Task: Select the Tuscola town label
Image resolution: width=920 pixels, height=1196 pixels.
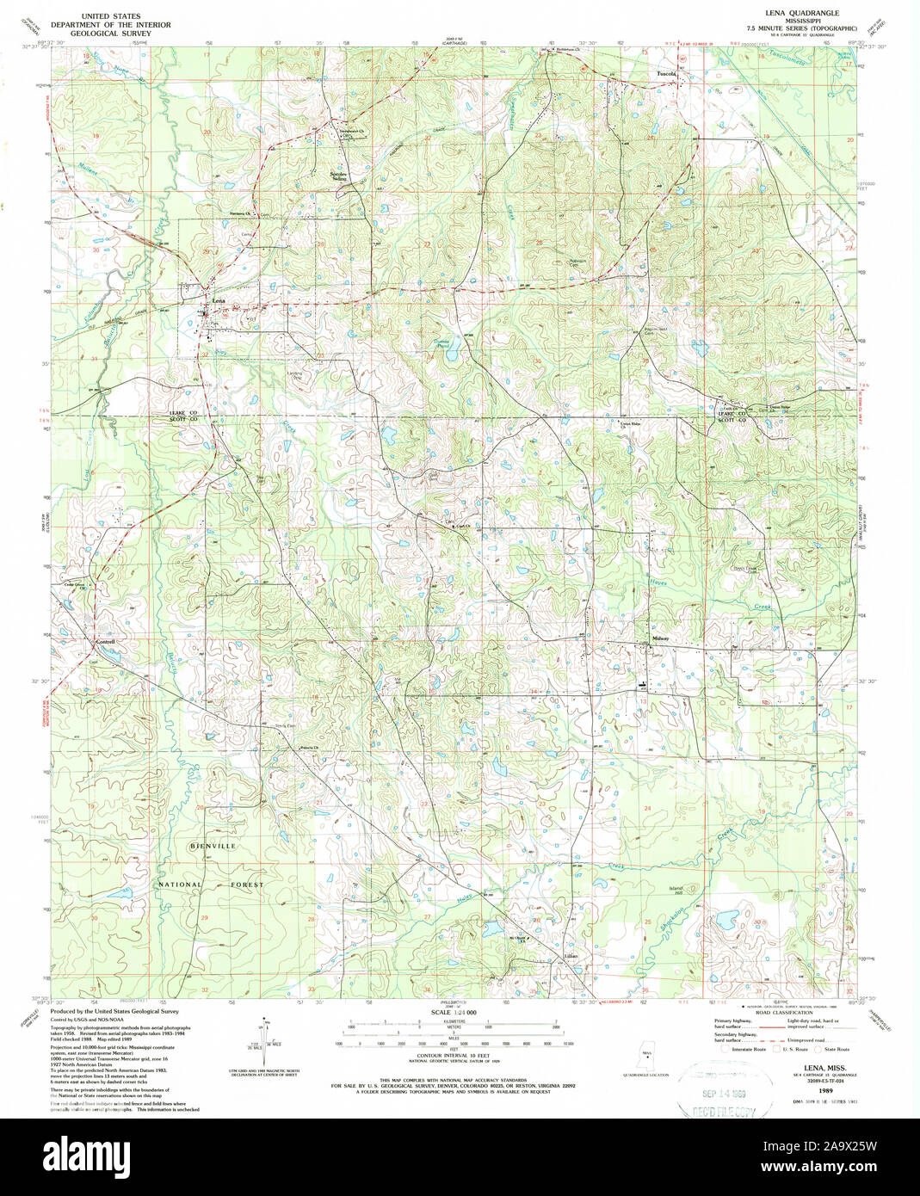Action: [667, 74]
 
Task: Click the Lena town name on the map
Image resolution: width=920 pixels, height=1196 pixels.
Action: [219, 300]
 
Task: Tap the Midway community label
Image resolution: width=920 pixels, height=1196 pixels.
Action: [661, 638]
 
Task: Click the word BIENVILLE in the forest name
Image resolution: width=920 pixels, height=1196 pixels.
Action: [213, 847]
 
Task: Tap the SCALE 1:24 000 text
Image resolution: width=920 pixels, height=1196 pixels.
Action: [454, 1014]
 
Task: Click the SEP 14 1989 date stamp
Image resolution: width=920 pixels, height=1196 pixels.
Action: [721, 1094]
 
